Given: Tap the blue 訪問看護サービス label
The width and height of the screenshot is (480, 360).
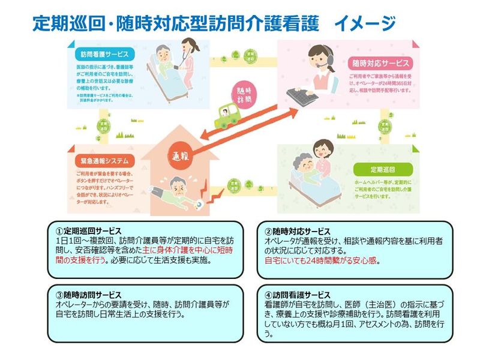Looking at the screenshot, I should click(x=100, y=53).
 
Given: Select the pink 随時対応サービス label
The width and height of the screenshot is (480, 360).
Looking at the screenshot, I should click(x=379, y=62).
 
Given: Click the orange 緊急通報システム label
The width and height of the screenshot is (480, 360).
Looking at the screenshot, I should click(x=100, y=161).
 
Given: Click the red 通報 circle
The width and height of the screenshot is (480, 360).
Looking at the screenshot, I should click(x=182, y=155).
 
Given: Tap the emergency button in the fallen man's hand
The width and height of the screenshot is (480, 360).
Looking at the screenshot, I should click(x=197, y=203).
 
